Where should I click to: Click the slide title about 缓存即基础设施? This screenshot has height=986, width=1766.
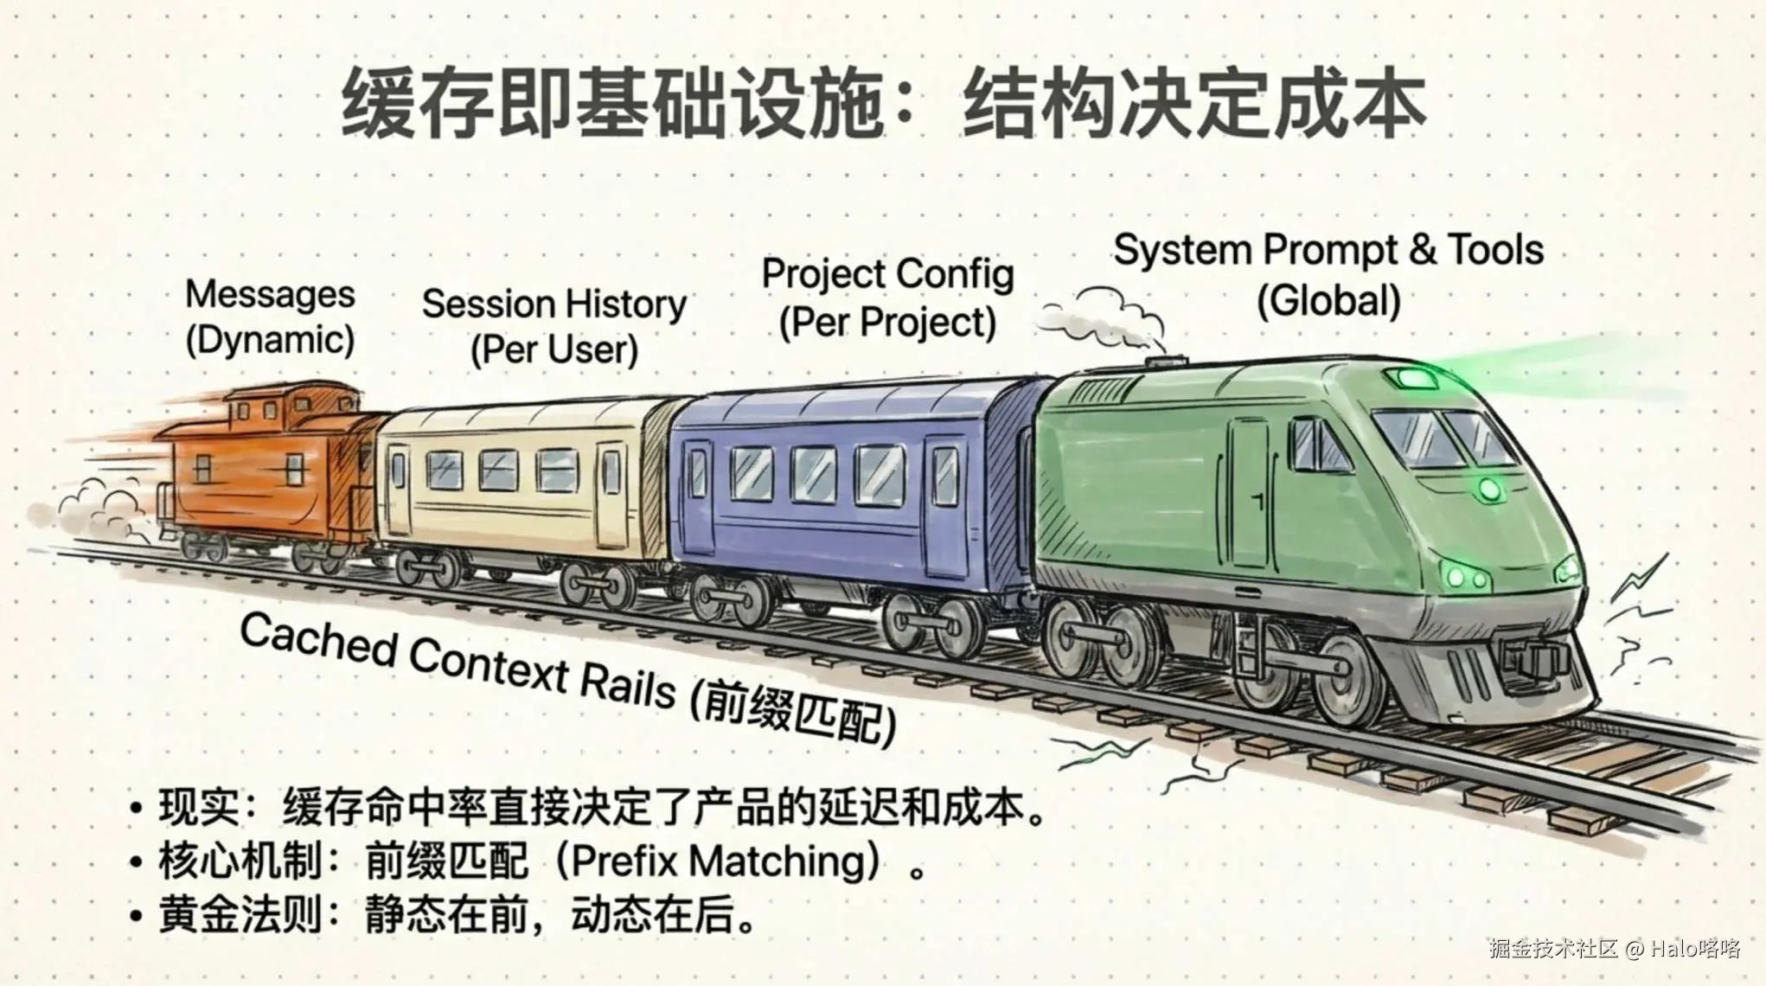[883, 105]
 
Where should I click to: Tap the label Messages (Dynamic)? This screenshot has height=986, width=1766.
[270, 317]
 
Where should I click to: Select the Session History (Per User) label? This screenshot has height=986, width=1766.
[554, 327]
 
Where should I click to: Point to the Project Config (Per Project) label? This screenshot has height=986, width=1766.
[887, 298]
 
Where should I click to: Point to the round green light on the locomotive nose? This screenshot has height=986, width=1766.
[1489, 490]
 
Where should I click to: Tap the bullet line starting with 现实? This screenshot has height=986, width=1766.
[590, 807]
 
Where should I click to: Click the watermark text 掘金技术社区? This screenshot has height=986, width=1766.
[1553, 949]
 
